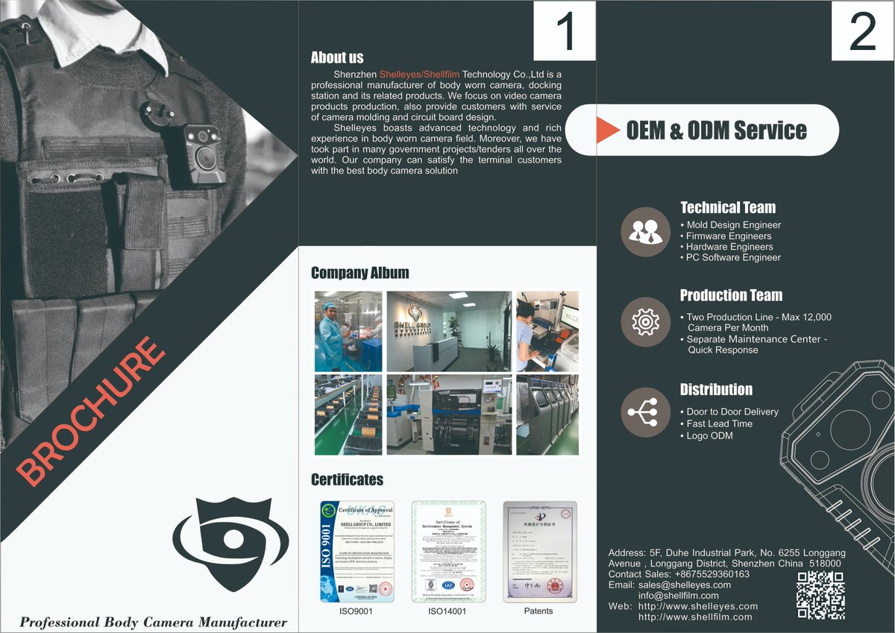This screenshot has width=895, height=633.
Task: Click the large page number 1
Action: tap(565, 31)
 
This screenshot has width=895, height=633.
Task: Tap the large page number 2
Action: tap(862, 31)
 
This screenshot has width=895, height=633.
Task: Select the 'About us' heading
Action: tap(337, 57)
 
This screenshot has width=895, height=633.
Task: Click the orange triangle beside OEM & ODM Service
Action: tap(608, 130)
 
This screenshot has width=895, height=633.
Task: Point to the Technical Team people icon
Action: tap(645, 232)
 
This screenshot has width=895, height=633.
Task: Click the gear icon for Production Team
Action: tap(645, 321)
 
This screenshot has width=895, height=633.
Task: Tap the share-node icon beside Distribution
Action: tap(645, 412)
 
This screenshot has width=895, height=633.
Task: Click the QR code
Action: tap(820, 595)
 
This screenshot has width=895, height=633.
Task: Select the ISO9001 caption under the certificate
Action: tap(357, 611)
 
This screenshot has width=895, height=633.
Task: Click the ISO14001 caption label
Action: tap(447, 611)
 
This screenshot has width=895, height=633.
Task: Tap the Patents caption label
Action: tap(538, 611)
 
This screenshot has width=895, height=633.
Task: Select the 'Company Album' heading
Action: tap(359, 273)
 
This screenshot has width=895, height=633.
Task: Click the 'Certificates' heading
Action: tap(347, 479)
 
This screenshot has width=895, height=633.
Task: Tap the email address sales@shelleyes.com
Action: tap(685, 585)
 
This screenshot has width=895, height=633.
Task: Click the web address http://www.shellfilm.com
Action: tap(695, 617)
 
